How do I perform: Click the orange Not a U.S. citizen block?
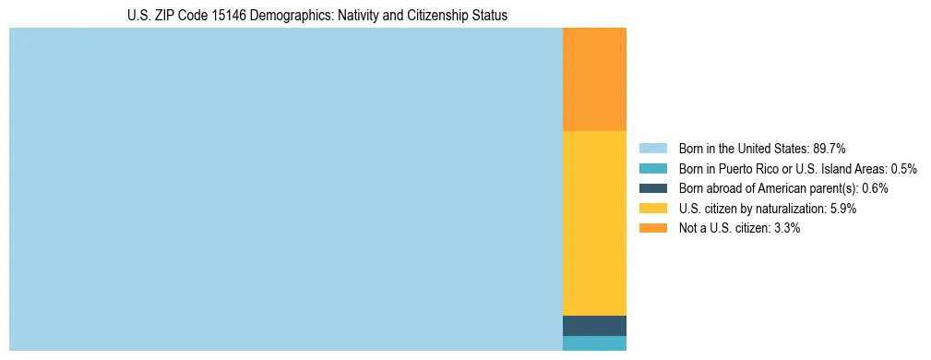(594, 79)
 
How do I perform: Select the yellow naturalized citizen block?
(594, 223)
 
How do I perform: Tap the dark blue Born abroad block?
(594, 326)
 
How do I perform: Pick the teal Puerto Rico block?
(594, 343)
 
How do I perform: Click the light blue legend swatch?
(652, 148)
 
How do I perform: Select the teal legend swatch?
(652, 168)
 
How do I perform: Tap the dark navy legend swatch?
(652, 188)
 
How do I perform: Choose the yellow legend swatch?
(652, 209)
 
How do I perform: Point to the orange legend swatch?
(652, 228)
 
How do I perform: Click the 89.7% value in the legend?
(830, 148)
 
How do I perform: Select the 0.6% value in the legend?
(875, 188)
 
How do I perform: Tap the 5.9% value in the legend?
(842, 209)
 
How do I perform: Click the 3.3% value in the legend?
(786, 228)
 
